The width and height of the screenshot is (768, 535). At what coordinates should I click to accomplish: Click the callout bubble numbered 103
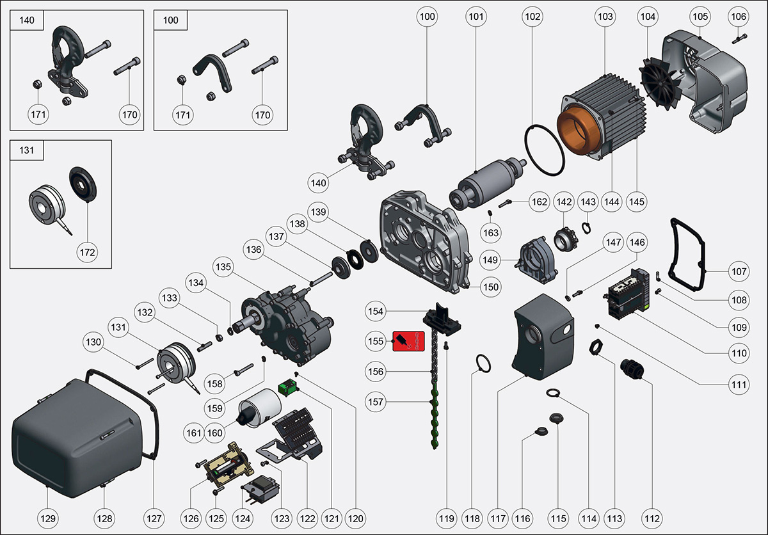[605, 16]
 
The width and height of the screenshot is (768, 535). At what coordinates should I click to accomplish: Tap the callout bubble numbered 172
[87, 252]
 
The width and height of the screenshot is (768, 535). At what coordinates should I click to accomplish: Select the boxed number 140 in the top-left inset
[28, 20]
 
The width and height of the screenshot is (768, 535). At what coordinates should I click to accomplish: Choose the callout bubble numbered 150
[490, 287]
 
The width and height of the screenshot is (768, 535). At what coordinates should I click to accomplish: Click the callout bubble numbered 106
[738, 16]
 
